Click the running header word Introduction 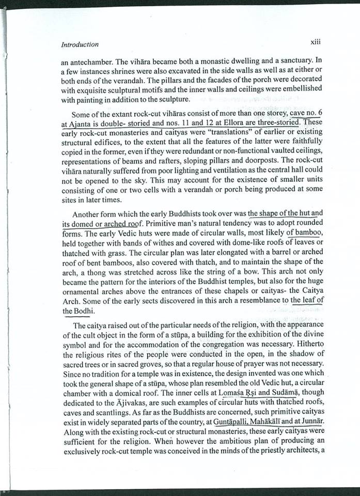(80, 44)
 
